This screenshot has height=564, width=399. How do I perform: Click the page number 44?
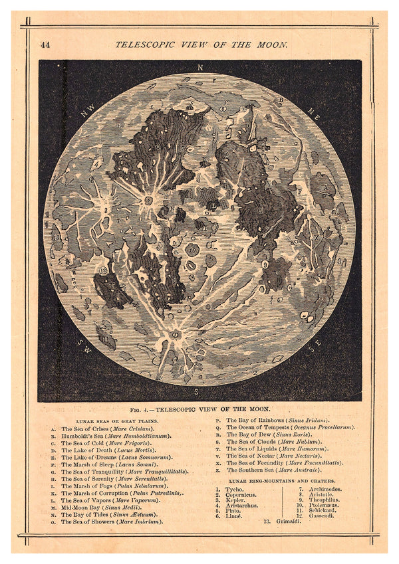[x=45, y=45]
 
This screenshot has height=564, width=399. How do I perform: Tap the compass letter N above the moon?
[x=200, y=67]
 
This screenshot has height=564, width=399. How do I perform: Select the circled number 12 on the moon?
[x=102, y=270]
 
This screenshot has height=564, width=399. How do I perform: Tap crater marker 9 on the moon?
[x=265, y=264]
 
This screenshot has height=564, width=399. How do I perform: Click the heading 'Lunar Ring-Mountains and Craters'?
[x=282, y=480]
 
